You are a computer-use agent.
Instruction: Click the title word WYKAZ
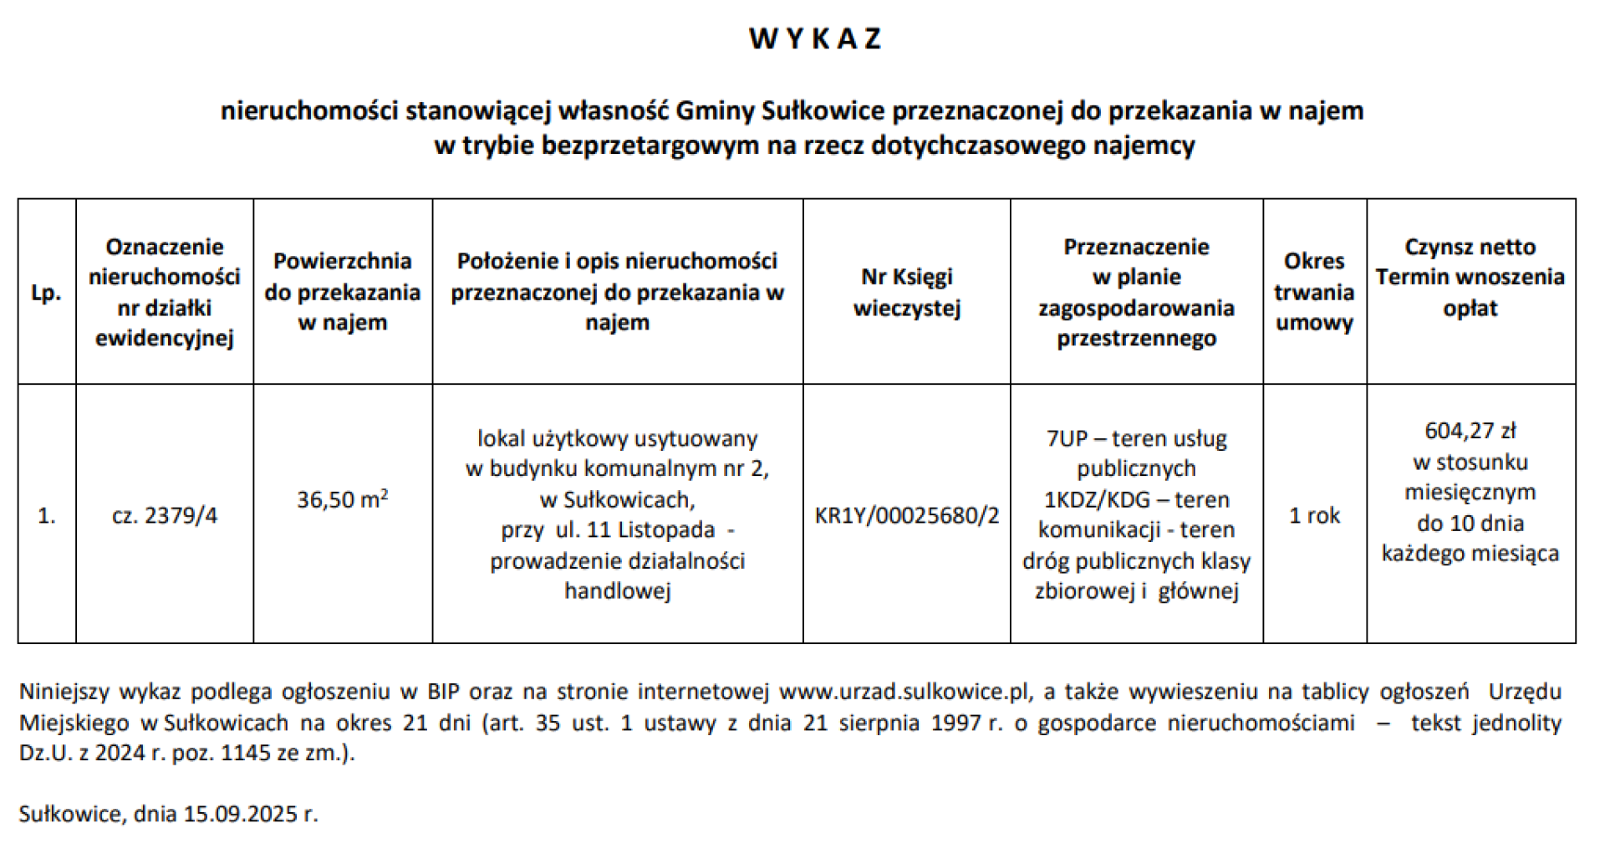(815, 38)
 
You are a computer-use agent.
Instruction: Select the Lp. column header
(47, 293)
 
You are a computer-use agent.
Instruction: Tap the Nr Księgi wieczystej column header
(906, 293)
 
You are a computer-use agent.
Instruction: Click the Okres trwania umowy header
(1314, 293)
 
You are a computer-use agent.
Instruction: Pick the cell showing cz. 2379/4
(165, 515)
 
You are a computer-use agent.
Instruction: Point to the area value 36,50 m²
(343, 500)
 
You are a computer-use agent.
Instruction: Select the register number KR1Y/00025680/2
(906, 515)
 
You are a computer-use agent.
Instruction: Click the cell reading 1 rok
(1314, 515)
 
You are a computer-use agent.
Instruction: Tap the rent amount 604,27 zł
(1470, 432)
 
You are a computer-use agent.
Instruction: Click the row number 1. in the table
(47, 515)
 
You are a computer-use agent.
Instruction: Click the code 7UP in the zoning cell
(1067, 439)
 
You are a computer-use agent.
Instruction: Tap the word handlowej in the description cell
(617, 591)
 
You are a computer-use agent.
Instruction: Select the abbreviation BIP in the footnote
(443, 692)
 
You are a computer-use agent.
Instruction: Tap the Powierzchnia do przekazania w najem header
(343, 293)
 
